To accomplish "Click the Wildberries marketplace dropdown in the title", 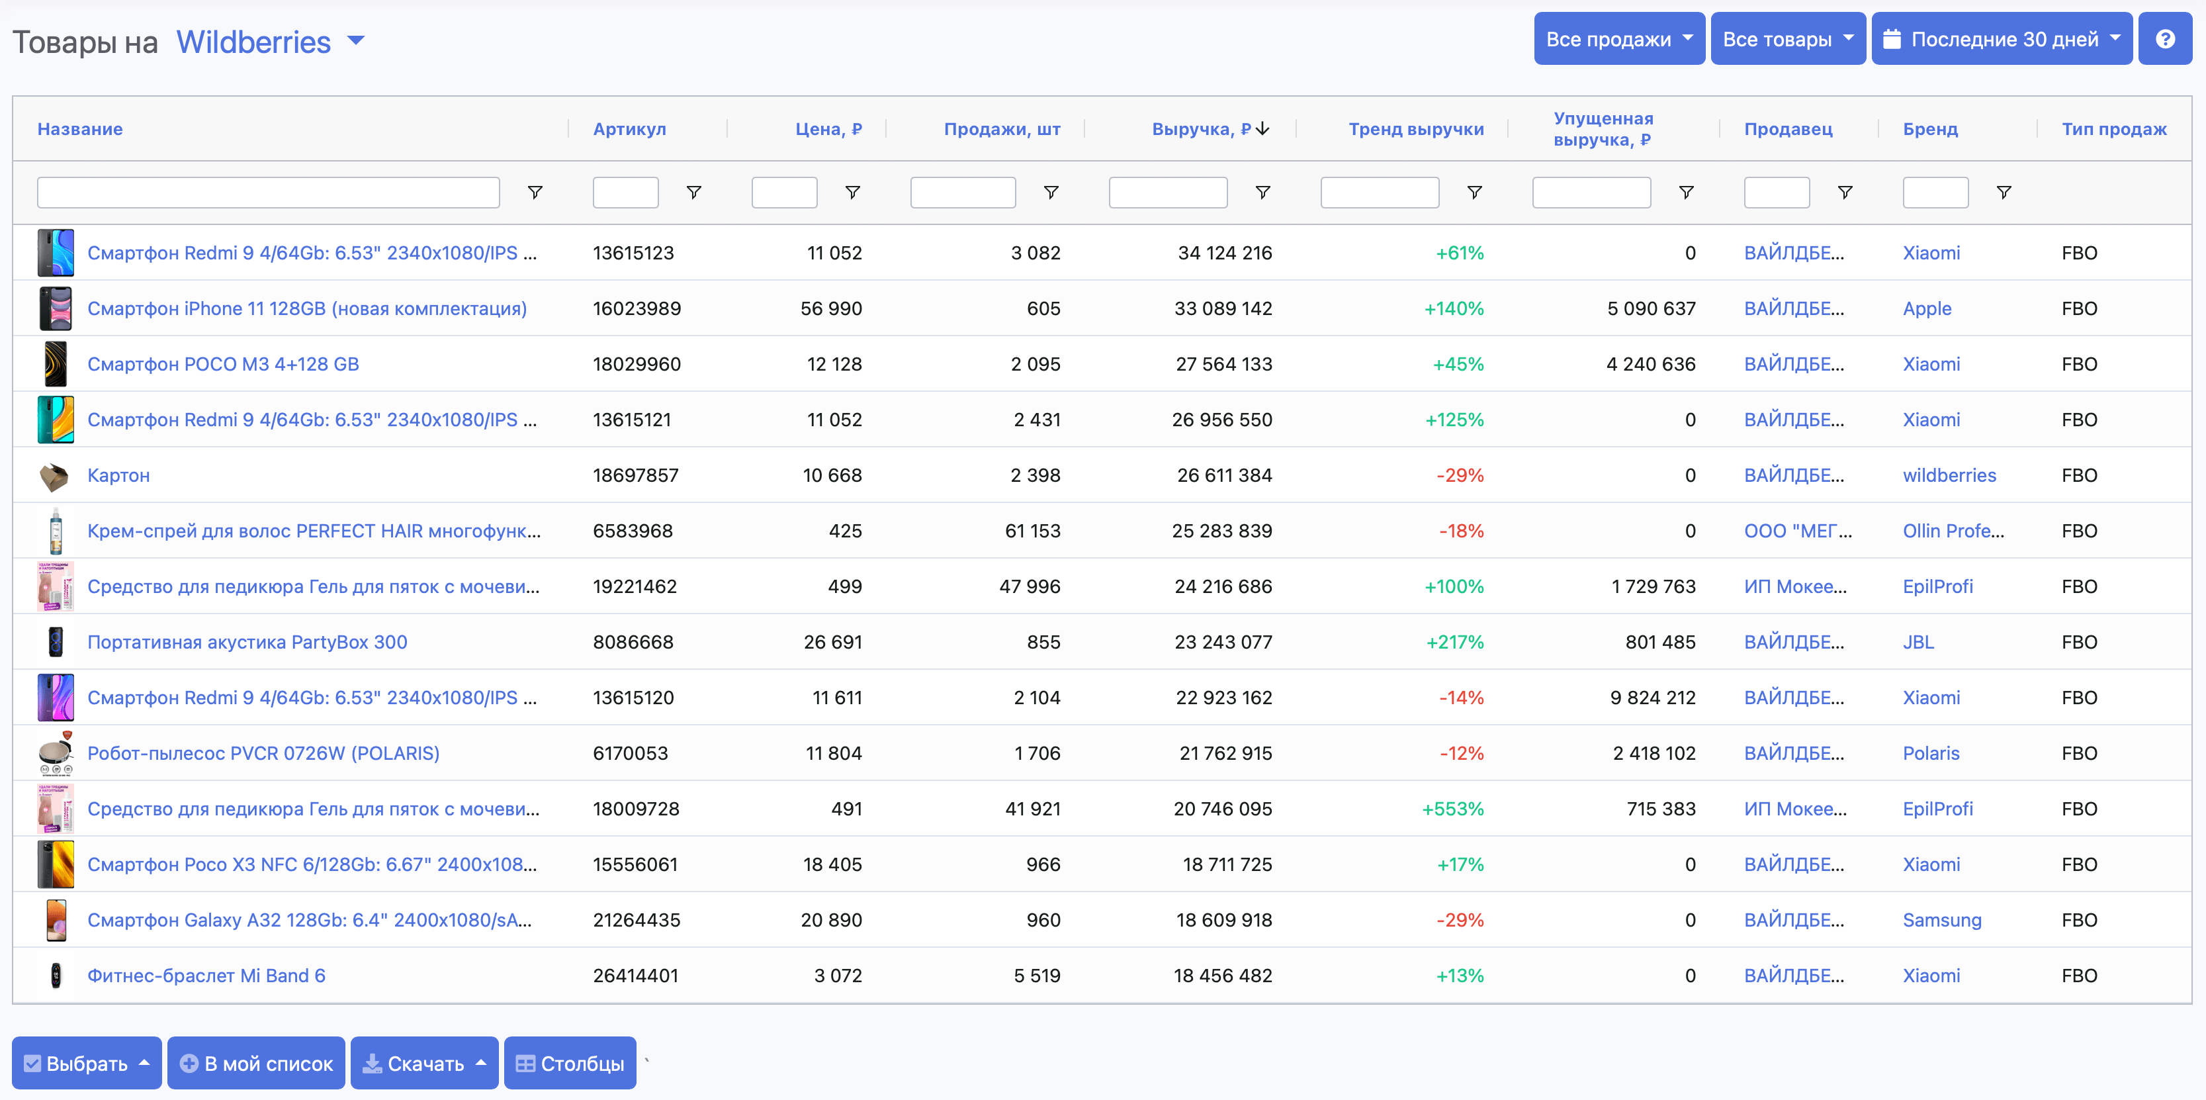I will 270,42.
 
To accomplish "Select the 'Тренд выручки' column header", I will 1415,129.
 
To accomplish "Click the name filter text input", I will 268,193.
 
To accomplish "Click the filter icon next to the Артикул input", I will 693,193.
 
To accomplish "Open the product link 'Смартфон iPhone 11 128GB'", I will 306,308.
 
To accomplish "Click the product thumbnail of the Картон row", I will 55,475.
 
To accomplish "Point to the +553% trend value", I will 1452,809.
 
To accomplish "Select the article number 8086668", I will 633,643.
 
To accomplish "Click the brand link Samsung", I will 1941,920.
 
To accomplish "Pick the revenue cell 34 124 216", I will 1225,253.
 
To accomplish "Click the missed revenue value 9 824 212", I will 1652,698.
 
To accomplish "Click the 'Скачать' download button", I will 424,1063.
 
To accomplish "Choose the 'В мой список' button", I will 256,1063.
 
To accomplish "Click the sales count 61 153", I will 1032,531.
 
